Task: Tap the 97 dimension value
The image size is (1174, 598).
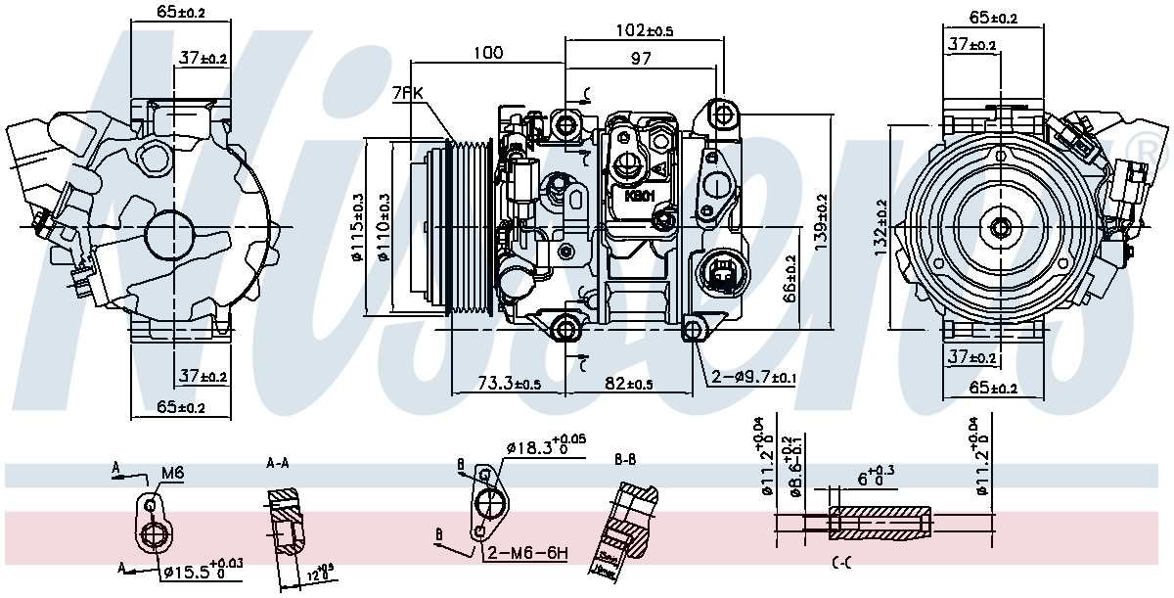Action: [x=640, y=61]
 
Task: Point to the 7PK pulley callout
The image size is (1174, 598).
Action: [x=406, y=95]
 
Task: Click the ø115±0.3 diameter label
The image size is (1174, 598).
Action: [x=357, y=228]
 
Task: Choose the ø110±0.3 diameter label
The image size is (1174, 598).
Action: [x=384, y=228]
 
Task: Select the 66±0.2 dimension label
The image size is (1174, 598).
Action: [x=790, y=279]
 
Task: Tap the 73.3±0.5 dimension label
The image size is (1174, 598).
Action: [x=509, y=384]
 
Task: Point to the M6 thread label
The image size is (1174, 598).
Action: [x=172, y=474]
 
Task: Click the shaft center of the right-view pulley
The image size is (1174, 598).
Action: [x=1000, y=228]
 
